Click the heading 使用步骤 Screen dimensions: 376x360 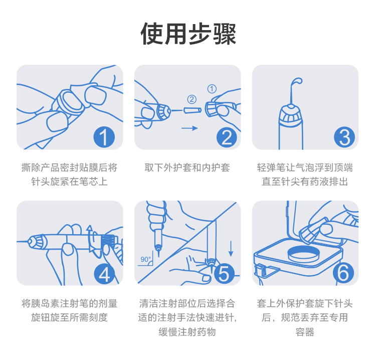[x=188, y=34]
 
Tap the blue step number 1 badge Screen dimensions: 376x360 [x=104, y=137]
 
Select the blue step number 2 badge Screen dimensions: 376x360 [x=227, y=137]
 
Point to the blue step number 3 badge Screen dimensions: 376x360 [x=345, y=137]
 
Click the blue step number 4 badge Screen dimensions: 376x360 [x=104, y=273]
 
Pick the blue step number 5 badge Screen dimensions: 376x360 [x=224, y=273]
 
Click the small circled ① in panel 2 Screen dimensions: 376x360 [x=212, y=89]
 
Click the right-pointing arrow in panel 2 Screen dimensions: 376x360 [x=189, y=128]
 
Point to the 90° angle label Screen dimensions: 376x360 [x=145, y=259]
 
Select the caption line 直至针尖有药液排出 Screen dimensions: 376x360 [x=305, y=182]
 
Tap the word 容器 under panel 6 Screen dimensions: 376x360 [x=305, y=332]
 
